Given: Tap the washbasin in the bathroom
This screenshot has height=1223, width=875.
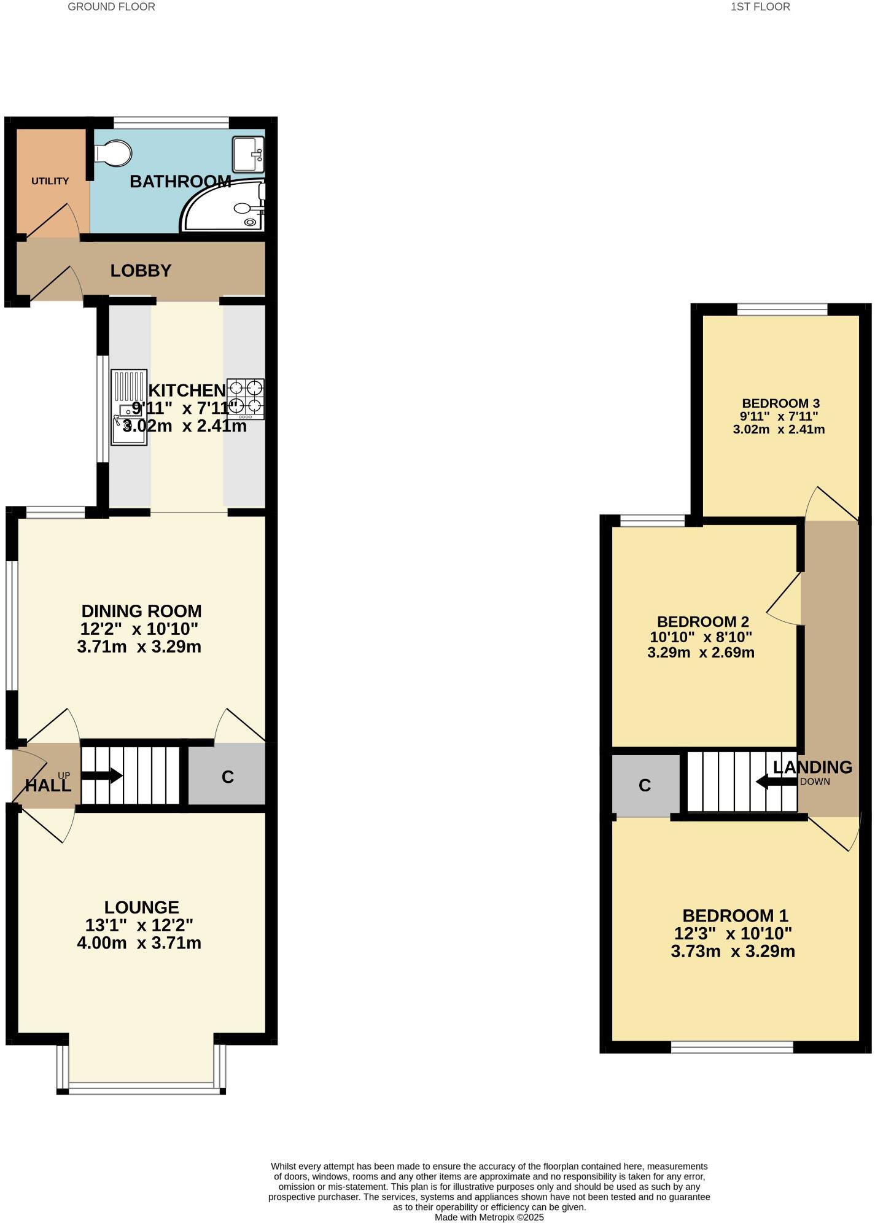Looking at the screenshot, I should [248, 153].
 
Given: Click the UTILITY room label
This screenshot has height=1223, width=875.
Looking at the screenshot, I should [50, 181].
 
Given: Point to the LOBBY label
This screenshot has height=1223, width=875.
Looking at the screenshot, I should [141, 271].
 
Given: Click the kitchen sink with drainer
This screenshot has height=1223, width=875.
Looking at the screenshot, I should [129, 406].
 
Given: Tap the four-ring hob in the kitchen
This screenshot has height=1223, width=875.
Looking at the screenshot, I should [246, 398].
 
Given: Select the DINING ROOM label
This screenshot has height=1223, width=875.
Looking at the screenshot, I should [141, 611].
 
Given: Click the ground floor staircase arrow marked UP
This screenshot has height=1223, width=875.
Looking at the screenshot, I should [101, 776].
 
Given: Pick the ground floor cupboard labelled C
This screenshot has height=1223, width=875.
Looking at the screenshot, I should [227, 777].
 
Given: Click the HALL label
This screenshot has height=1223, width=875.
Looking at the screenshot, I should [48, 785].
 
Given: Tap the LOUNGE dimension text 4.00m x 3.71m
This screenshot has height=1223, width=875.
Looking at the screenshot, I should [139, 942].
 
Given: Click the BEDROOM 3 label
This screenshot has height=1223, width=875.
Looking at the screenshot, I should [780, 403].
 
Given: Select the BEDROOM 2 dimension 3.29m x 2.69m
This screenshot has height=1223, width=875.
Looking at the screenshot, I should [701, 652].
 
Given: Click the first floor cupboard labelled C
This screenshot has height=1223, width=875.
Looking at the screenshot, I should [645, 785].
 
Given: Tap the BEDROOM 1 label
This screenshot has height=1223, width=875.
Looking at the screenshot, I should [735, 915].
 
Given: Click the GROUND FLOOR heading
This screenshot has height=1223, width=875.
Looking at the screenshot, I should [111, 7].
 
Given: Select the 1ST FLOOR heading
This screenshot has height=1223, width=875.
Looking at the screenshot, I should [760, 7].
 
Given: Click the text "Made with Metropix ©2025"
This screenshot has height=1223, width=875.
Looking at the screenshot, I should [489, 1217].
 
